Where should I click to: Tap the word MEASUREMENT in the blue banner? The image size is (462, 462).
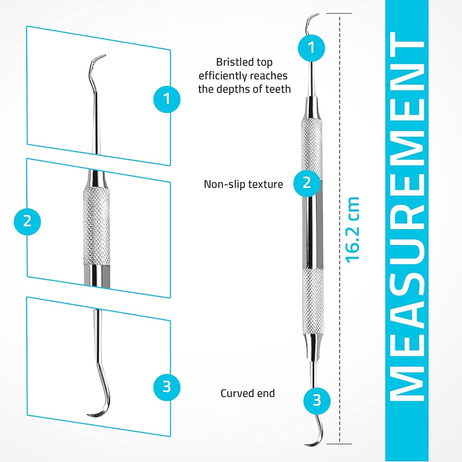tap(407, 217)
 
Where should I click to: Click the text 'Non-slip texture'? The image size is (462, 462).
tap(243, 184)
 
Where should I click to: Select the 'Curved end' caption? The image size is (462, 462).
tap(247, 393)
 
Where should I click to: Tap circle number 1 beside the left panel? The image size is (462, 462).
tap(167, 99)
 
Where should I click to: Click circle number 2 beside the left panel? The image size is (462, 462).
tap(27, 221)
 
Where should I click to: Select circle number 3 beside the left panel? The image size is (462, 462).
tap(167, 387)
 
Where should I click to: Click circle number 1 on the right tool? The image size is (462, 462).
tap(311, 48)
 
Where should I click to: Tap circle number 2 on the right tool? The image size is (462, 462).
tap(307, 183)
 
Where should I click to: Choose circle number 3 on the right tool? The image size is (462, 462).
tap(317, 400)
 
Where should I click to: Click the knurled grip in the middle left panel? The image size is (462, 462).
tap(97, 227)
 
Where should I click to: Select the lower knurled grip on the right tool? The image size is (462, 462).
tap(313, 301)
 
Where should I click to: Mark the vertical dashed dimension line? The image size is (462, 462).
tap(340, 128)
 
